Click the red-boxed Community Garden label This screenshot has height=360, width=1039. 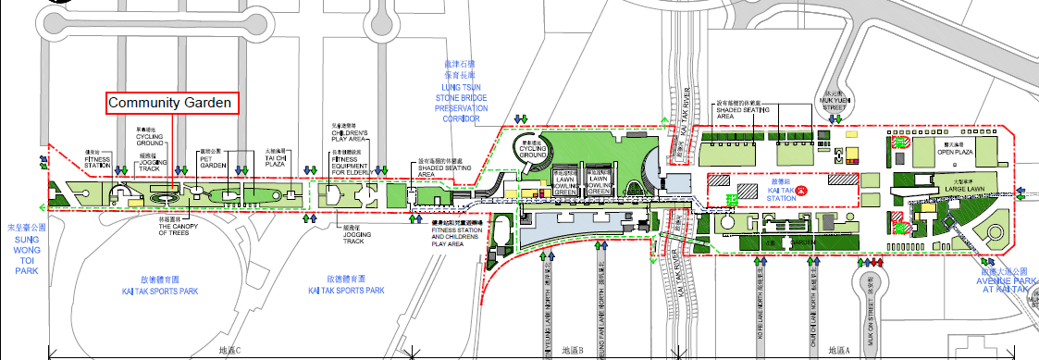coord(168,104)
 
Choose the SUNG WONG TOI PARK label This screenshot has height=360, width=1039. coord(25,248)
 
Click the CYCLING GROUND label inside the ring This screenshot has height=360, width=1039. coord(535,149)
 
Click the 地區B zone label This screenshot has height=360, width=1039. coord(573,351)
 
